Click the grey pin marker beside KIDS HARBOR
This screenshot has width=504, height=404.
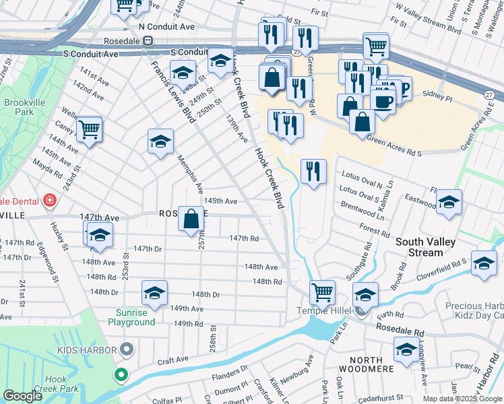(126, 349)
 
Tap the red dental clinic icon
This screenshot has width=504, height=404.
(49, 201)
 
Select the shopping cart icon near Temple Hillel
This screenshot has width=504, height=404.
(323, 292)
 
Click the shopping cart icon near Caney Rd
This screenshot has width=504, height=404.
(89, 128)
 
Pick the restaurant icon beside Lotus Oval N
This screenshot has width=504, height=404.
(313, 171)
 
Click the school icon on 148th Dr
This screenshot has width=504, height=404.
(154, 293)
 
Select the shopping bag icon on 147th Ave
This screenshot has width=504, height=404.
(192, 218)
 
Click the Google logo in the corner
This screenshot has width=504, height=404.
(23, 396)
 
